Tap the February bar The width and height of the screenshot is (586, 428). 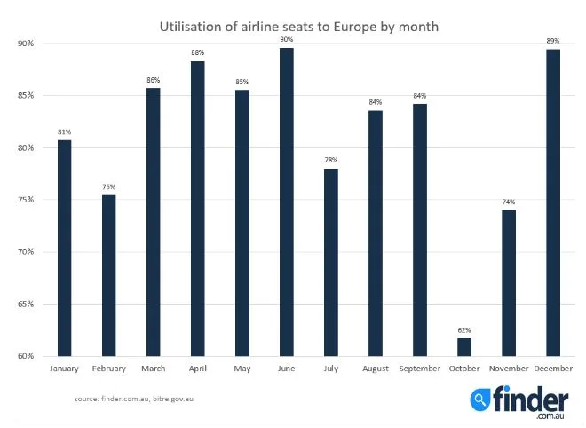[x=108, y=275]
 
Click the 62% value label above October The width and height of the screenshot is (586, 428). [x=464, y=330]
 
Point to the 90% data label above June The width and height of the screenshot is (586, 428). [x=287, y=39]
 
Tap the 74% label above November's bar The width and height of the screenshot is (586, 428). [x=509, y=202]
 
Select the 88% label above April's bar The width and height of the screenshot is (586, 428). [x=197, y=52]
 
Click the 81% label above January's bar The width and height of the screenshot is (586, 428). [x=64, y=132]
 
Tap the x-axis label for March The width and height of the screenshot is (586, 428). [x=153, y=368]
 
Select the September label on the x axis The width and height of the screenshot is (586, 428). [x=419, y=368]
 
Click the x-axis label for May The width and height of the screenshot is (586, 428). [x=242, y=368]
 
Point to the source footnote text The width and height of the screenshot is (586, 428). [x=133, y=399]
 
